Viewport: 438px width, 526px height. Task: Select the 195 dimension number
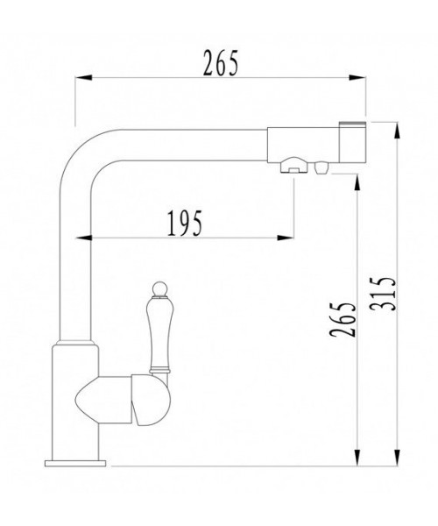tap(185, 223)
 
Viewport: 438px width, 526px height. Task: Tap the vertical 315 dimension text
tap(383, 295)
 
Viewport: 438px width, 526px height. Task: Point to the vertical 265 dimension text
tap(343, 319)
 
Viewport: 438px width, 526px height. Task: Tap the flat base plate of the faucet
tap(75, 463)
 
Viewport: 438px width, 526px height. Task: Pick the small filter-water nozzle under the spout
tap(321, 167)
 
